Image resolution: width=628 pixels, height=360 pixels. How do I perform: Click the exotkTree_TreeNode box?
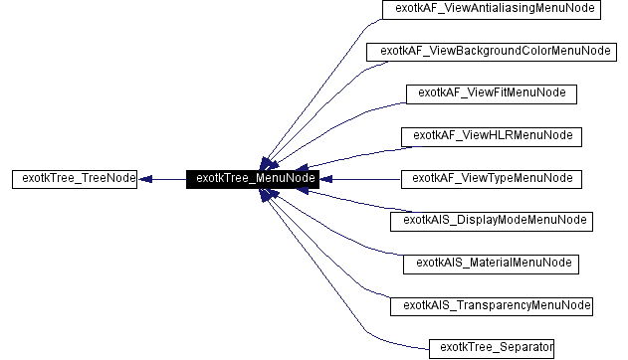pos(74,179)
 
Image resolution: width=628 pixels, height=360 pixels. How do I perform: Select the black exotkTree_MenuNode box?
pos(252,179)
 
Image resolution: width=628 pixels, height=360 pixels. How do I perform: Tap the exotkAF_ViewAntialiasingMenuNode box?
pos(491,9)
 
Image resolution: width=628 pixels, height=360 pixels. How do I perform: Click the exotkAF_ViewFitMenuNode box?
pos(491,93)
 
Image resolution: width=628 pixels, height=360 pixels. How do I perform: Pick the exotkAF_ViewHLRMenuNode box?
pos(491,135)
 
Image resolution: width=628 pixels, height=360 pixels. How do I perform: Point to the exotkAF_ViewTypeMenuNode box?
pos(491,179)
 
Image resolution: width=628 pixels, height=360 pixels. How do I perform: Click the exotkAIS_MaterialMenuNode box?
pos(491,264)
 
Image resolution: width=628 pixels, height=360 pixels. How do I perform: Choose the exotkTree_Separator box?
pos(491,347)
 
